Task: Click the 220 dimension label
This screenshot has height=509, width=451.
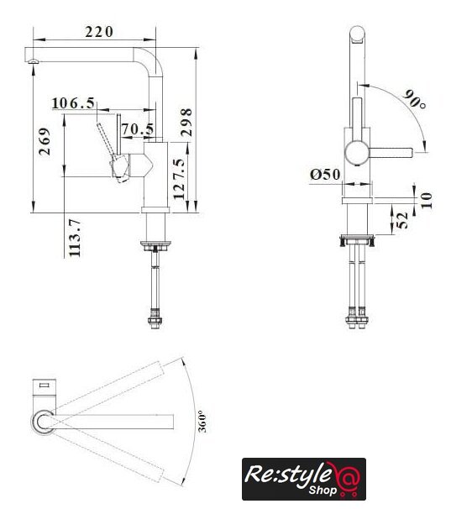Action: point(99,32)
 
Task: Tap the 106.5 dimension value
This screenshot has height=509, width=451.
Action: point(73,103)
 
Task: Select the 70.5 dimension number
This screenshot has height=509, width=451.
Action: point(138,129)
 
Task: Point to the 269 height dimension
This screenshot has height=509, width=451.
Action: point(45,142)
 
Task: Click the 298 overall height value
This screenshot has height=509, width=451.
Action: point(186,122)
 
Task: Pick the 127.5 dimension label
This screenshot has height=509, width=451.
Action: point(179,178)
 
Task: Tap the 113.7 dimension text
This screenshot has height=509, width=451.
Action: point(75,238)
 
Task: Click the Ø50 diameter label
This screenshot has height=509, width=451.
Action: point(325,175)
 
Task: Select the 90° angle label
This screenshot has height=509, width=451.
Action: point(415,99)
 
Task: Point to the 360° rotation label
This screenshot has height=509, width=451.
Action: point(202,421)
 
